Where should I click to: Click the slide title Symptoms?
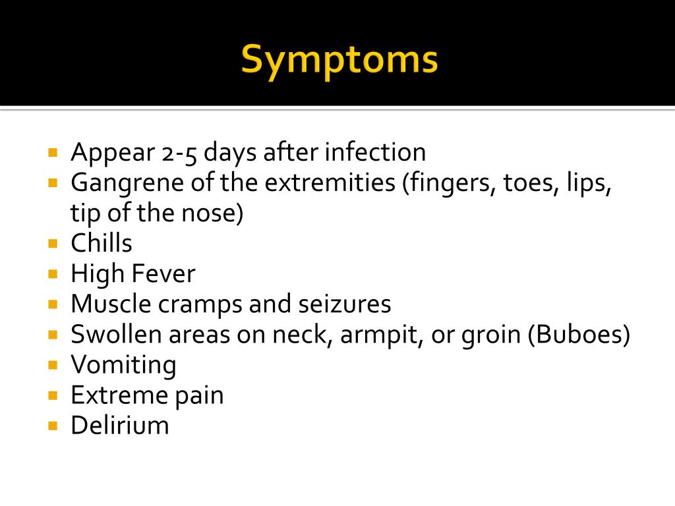click(x=339, y=61)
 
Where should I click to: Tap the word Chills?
click(x=102, y=244)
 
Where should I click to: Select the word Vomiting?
click(x=123, y=365)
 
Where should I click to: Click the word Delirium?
click(x=120, y=426)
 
